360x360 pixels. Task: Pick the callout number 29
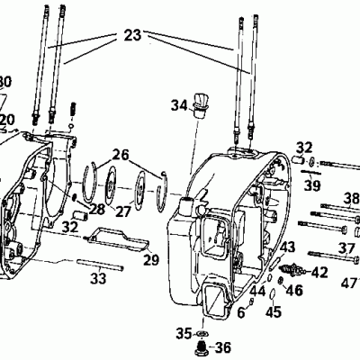[151, 259]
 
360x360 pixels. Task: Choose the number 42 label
[320, 271]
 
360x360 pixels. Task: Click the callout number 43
[288, 247]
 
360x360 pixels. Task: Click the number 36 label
[222, 347]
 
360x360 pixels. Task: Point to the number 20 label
[7, 119]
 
